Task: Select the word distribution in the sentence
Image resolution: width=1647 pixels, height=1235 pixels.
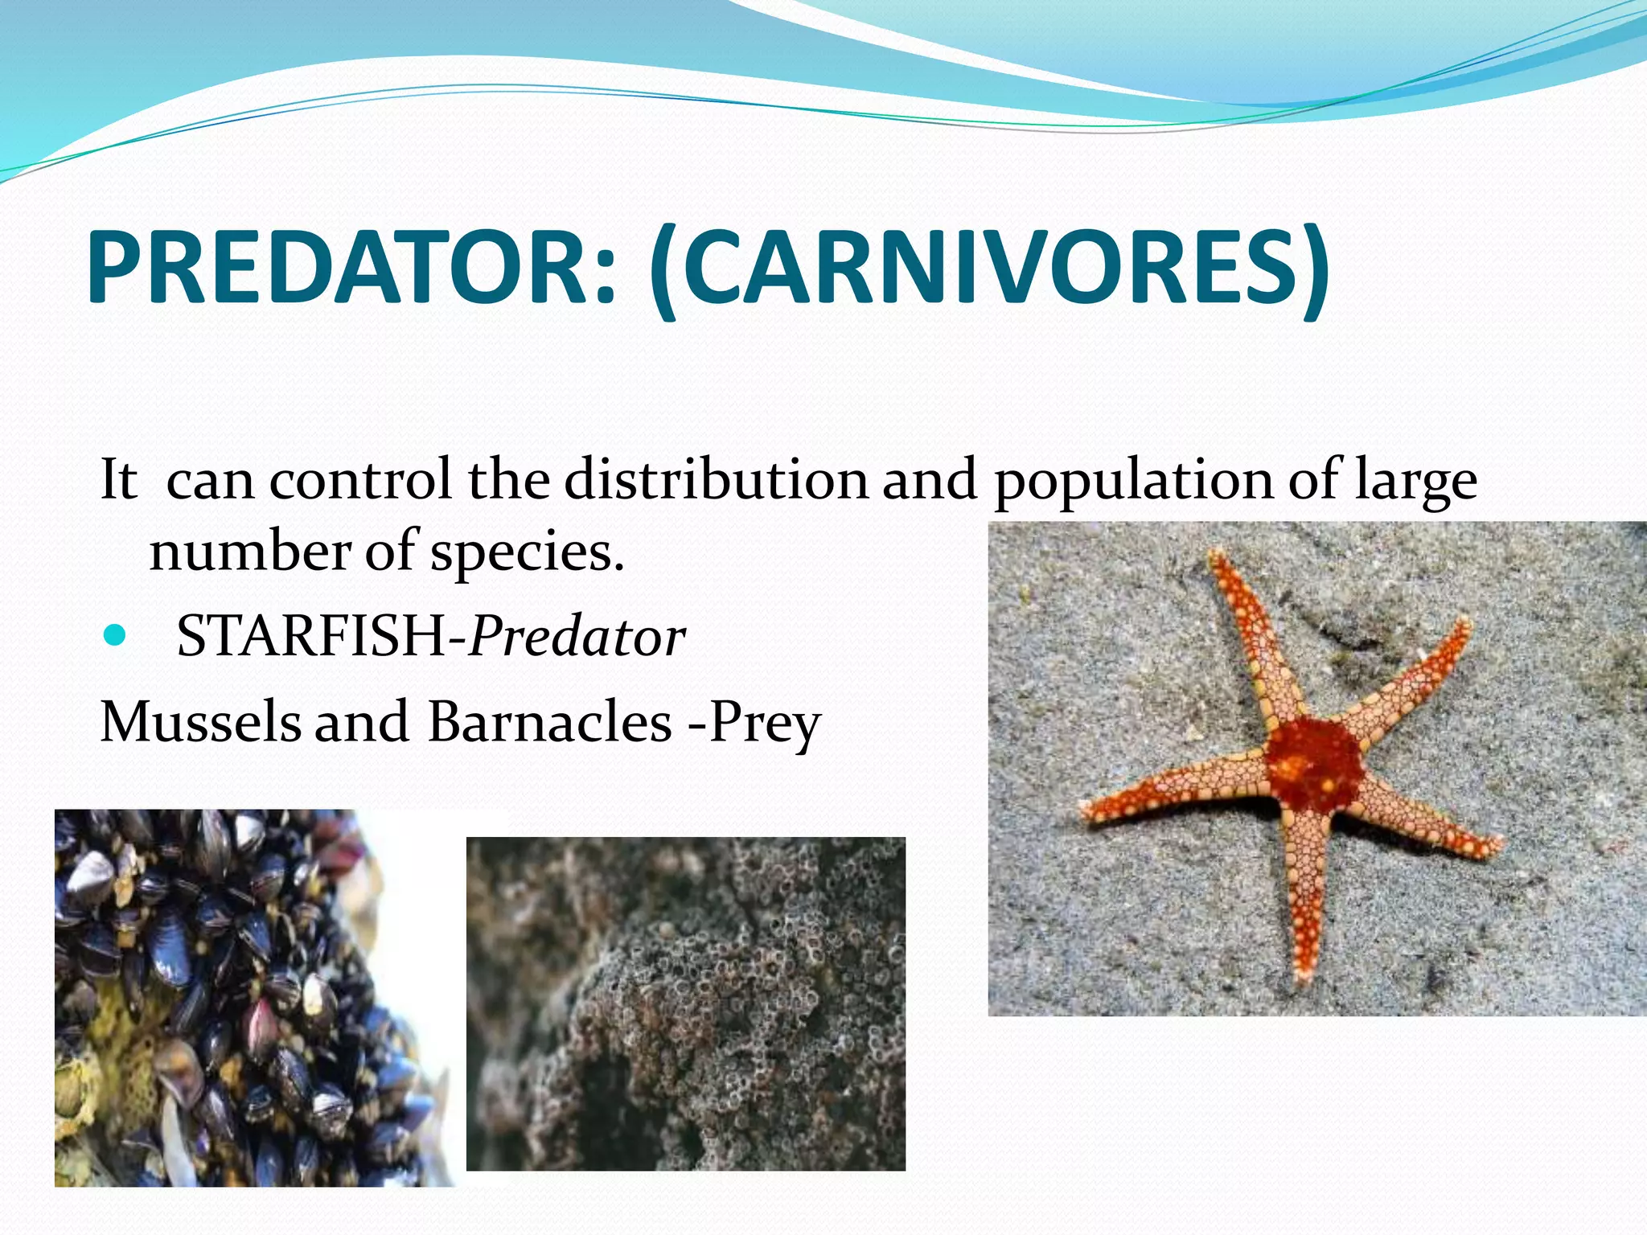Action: [716, 480]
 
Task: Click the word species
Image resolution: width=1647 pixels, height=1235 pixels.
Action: [527, 553]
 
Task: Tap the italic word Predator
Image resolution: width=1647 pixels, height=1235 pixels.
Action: [577, 637]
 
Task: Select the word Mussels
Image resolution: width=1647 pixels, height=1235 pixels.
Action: [200, 721]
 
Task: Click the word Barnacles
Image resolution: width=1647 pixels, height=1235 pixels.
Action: [549, 721]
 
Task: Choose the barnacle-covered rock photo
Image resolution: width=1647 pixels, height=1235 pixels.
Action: [685, 1003]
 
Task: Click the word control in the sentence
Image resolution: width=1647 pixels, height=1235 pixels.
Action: [359, 480]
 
